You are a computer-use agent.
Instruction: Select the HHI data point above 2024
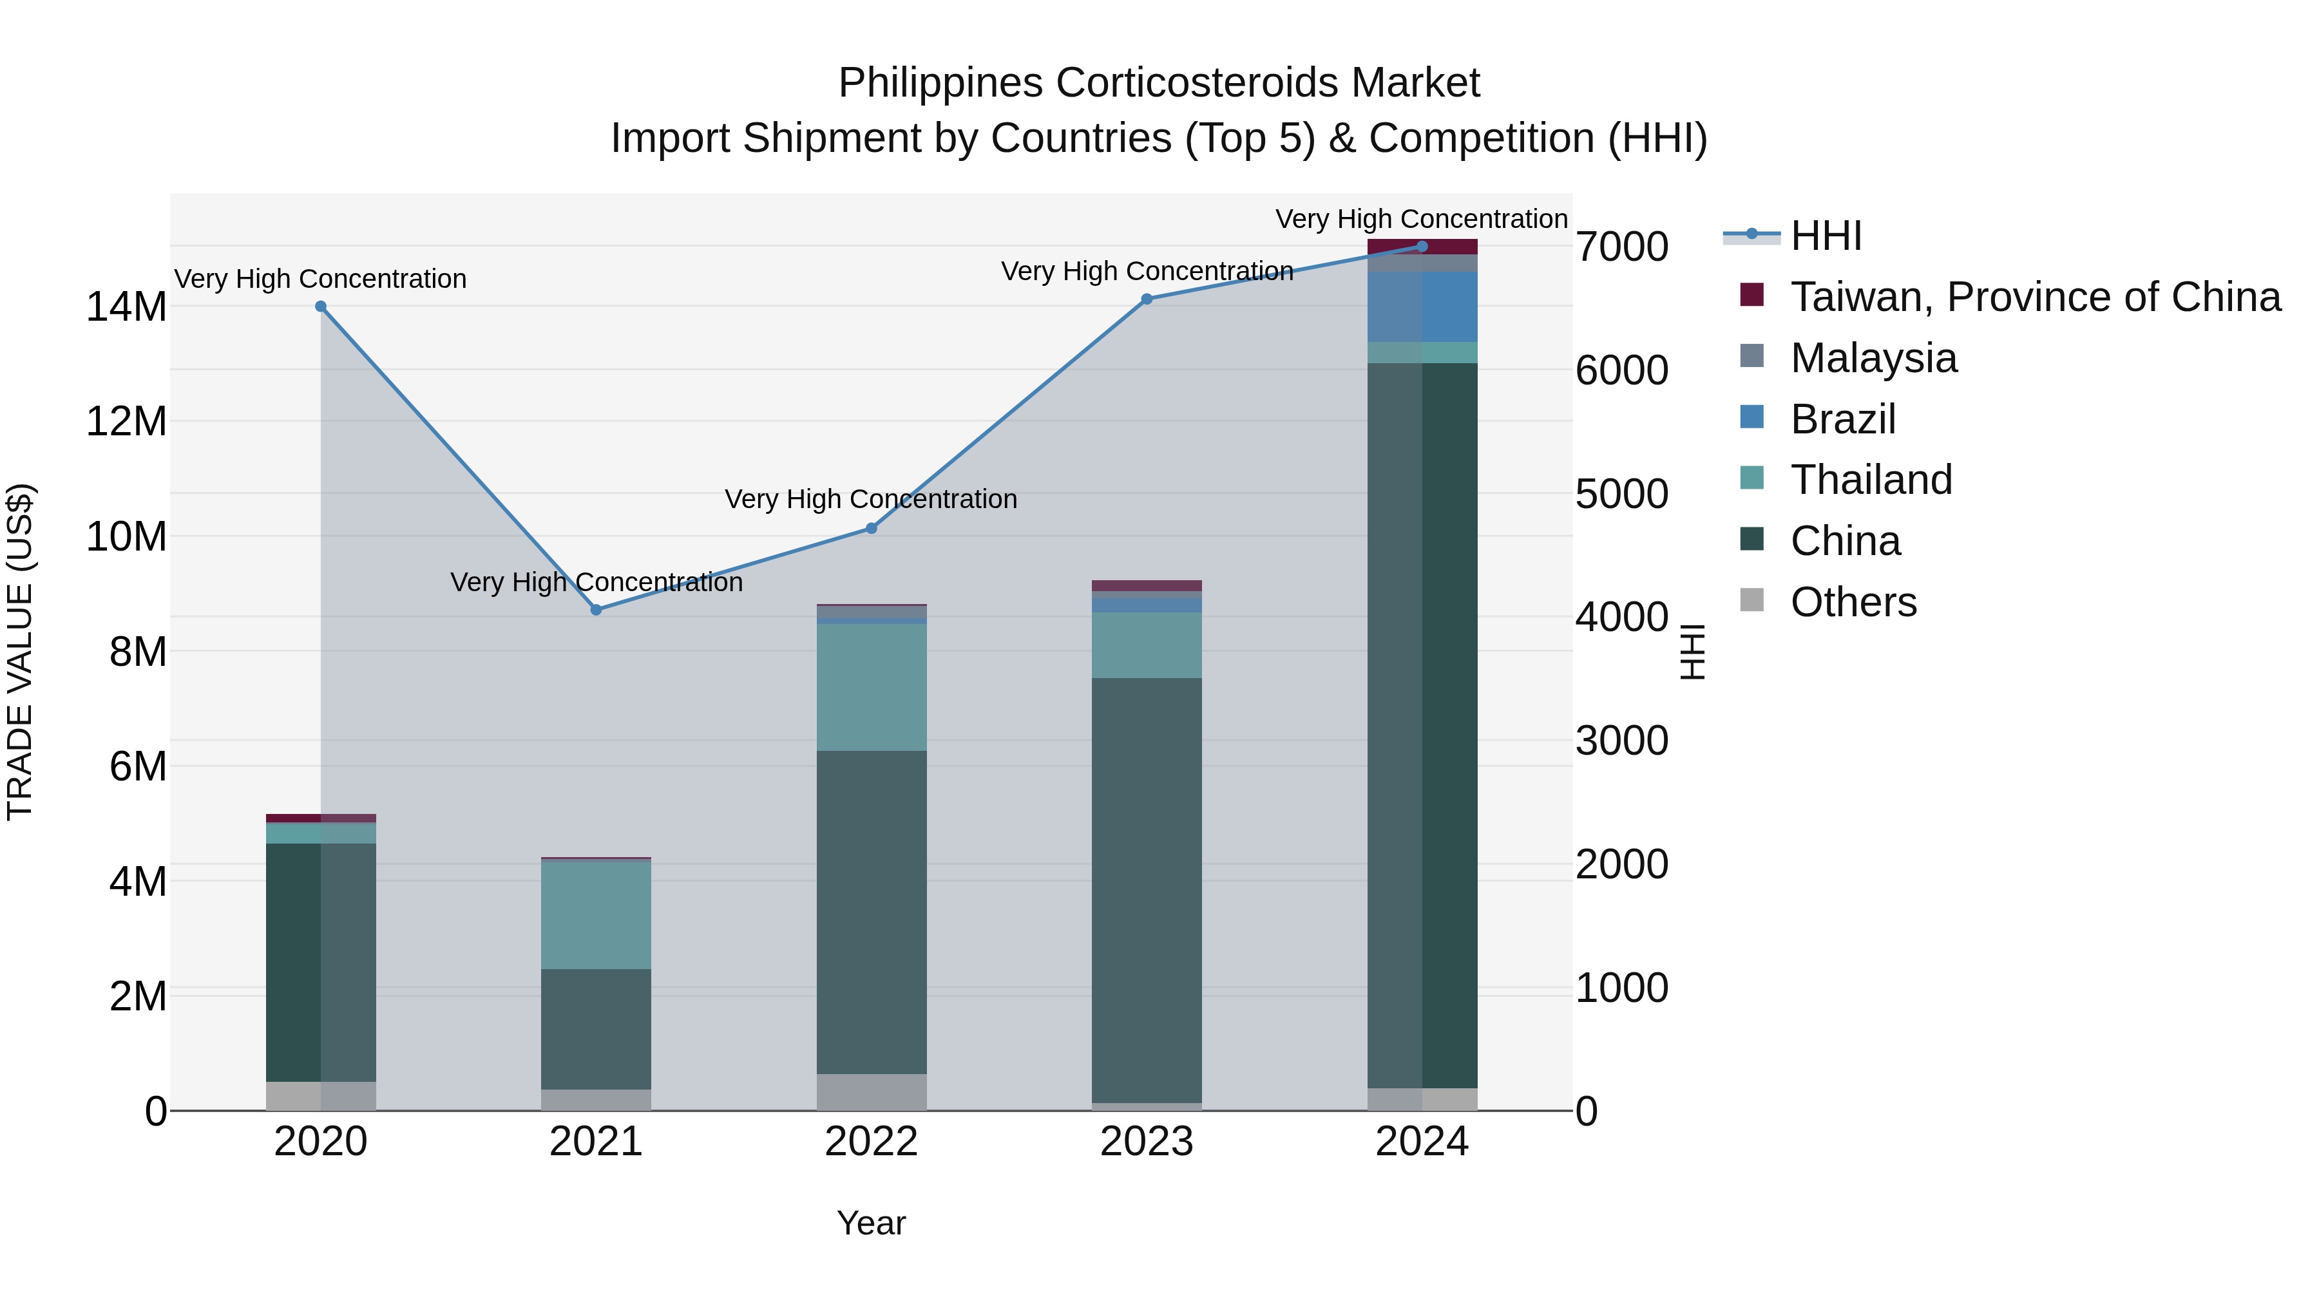(1422, 246)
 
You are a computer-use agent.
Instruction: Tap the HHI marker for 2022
(872, 528)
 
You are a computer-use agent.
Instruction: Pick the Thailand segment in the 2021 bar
(596, 915)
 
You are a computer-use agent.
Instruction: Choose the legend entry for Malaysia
(1873, 358)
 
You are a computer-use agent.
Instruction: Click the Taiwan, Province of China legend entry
(2034, 297)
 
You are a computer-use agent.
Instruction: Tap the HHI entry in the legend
(1826, 236)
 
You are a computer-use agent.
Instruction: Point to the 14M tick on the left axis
(126, 307)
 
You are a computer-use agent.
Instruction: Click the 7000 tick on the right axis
(1621, 247)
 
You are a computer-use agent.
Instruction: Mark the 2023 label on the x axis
(1147, 1142)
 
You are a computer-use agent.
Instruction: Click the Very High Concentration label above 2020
(321, 279)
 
